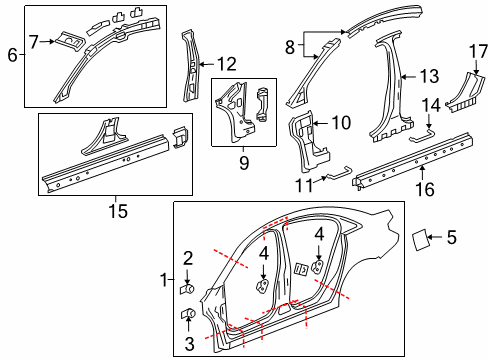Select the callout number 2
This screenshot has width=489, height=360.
(187, 258)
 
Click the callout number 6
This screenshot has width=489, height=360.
(12, 56)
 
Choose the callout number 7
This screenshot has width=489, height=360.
(34, 41)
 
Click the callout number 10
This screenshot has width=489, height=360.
(340, 123)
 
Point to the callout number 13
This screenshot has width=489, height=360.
(429, 76)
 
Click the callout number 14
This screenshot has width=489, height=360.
(432, 105)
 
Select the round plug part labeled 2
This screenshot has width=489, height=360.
(187, 289)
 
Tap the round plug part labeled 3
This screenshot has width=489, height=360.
(187, 317)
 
